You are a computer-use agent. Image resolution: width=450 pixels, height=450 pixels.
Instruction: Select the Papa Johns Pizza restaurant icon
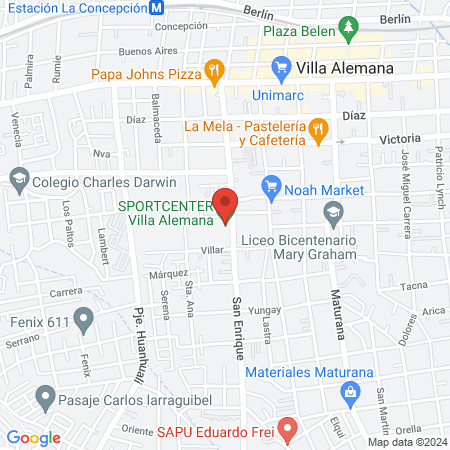[x=213, y=71]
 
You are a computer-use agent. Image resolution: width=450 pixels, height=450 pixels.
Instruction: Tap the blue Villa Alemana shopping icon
[x=281, y=68]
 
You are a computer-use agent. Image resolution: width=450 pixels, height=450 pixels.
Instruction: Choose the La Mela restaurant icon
[x=318, y=128]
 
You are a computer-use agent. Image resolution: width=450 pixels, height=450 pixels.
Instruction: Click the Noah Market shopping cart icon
[x=270, y=185]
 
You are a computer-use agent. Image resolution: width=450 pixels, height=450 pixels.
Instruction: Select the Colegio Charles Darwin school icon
[x=18, y=182]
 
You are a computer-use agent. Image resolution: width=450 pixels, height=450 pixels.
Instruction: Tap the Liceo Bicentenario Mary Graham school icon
[x=332, y=212]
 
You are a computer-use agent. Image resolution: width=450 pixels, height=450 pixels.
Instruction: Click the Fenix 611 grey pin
[x=84, y=322]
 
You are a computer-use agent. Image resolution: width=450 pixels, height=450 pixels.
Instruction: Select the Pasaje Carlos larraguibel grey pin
[x=44, y=399]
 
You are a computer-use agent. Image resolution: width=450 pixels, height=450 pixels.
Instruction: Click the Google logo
[x=33, y=438]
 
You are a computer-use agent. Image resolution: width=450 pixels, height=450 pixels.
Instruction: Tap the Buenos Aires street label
[x=141, y=50]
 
